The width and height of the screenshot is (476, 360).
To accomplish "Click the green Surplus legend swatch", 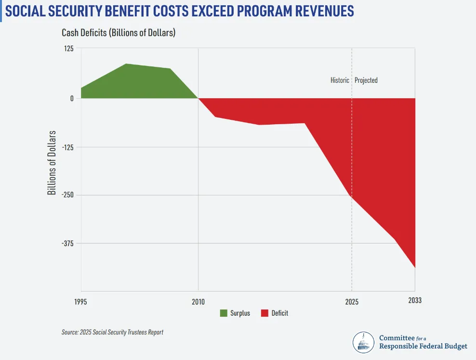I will point(224,313).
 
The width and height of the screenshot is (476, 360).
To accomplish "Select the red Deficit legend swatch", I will point(264,313).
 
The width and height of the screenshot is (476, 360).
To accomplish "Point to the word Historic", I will point(340,80).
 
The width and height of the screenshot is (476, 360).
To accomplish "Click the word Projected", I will point(366,80).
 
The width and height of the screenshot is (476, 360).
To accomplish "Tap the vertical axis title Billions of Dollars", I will point(52,162).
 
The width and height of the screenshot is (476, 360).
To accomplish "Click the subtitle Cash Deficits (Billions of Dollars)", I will point(118,33).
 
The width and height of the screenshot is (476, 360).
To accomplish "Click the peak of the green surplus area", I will point(126,64).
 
